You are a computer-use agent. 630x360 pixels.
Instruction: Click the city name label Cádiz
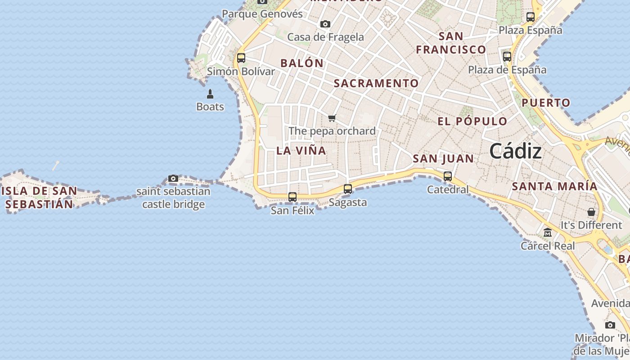pyautogui.click(x=515, y=151)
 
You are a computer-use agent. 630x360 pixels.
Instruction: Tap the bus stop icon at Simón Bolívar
pyautogui.click(x=241, y=58)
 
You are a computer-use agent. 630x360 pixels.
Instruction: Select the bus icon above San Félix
pyautogui.click(x=292, y=197)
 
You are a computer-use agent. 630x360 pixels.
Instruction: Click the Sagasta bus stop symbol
pyautogui.click(x=348, y=189)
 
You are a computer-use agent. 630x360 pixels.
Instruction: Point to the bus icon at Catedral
pyautogui.click(x=448, y=176)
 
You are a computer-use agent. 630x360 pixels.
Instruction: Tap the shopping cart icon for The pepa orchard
pyautogui.click(x=332, y=118)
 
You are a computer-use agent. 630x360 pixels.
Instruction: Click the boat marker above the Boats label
pyautogui.click(x=210, y=94)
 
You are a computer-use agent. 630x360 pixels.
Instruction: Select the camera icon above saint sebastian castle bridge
pyautogui.click(x=173, y=178)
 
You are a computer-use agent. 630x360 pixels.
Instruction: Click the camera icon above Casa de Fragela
pyautogui.click(x=325, y=24)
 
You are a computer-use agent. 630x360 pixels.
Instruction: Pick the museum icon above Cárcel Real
pyautogui.click(x=548, y=233)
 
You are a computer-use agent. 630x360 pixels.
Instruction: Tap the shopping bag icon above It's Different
pyautogui.click(x=591, y=211)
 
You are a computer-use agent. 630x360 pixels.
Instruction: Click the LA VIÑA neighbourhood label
pyautogui.click(x=301, y=151)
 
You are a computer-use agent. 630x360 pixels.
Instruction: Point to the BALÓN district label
pyautogui.click(x=302, y=63)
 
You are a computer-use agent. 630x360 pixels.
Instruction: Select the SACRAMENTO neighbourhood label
pyautogui.click(x=376, y=83)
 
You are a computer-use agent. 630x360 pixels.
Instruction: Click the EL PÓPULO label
pyautogui.click(x=472, y=121)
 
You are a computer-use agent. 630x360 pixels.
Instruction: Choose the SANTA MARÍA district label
pyautogui.click(x=555, y=186)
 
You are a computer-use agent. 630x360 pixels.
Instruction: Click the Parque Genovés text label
pyautogui.click(x=262, y=14)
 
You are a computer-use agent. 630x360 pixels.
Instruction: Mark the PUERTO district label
pyautogui.click(x=546, y=103)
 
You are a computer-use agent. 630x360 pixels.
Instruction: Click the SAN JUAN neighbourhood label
pyautogui.click(x=443, y=158)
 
